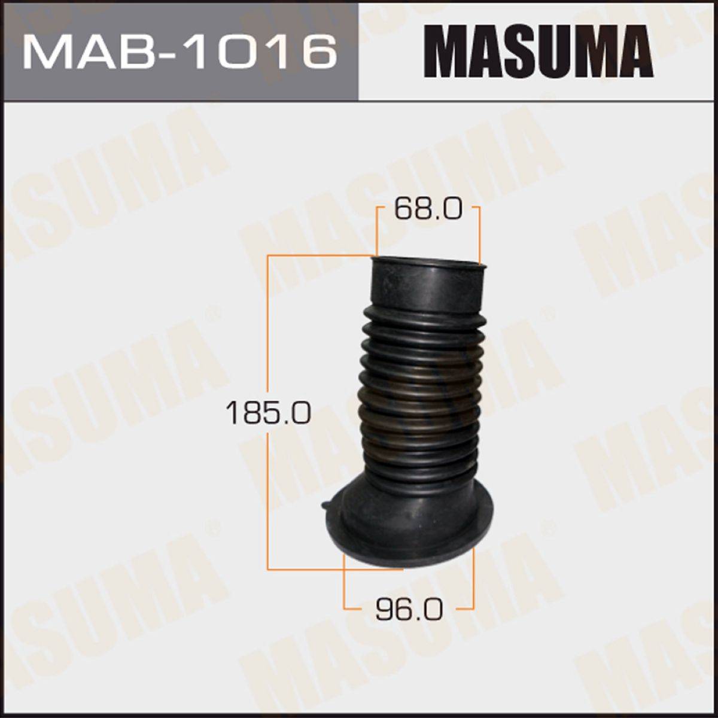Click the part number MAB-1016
(180, 51)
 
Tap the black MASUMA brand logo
(538, 51)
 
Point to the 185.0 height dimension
(268, 413)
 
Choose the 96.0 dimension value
(409, 609)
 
